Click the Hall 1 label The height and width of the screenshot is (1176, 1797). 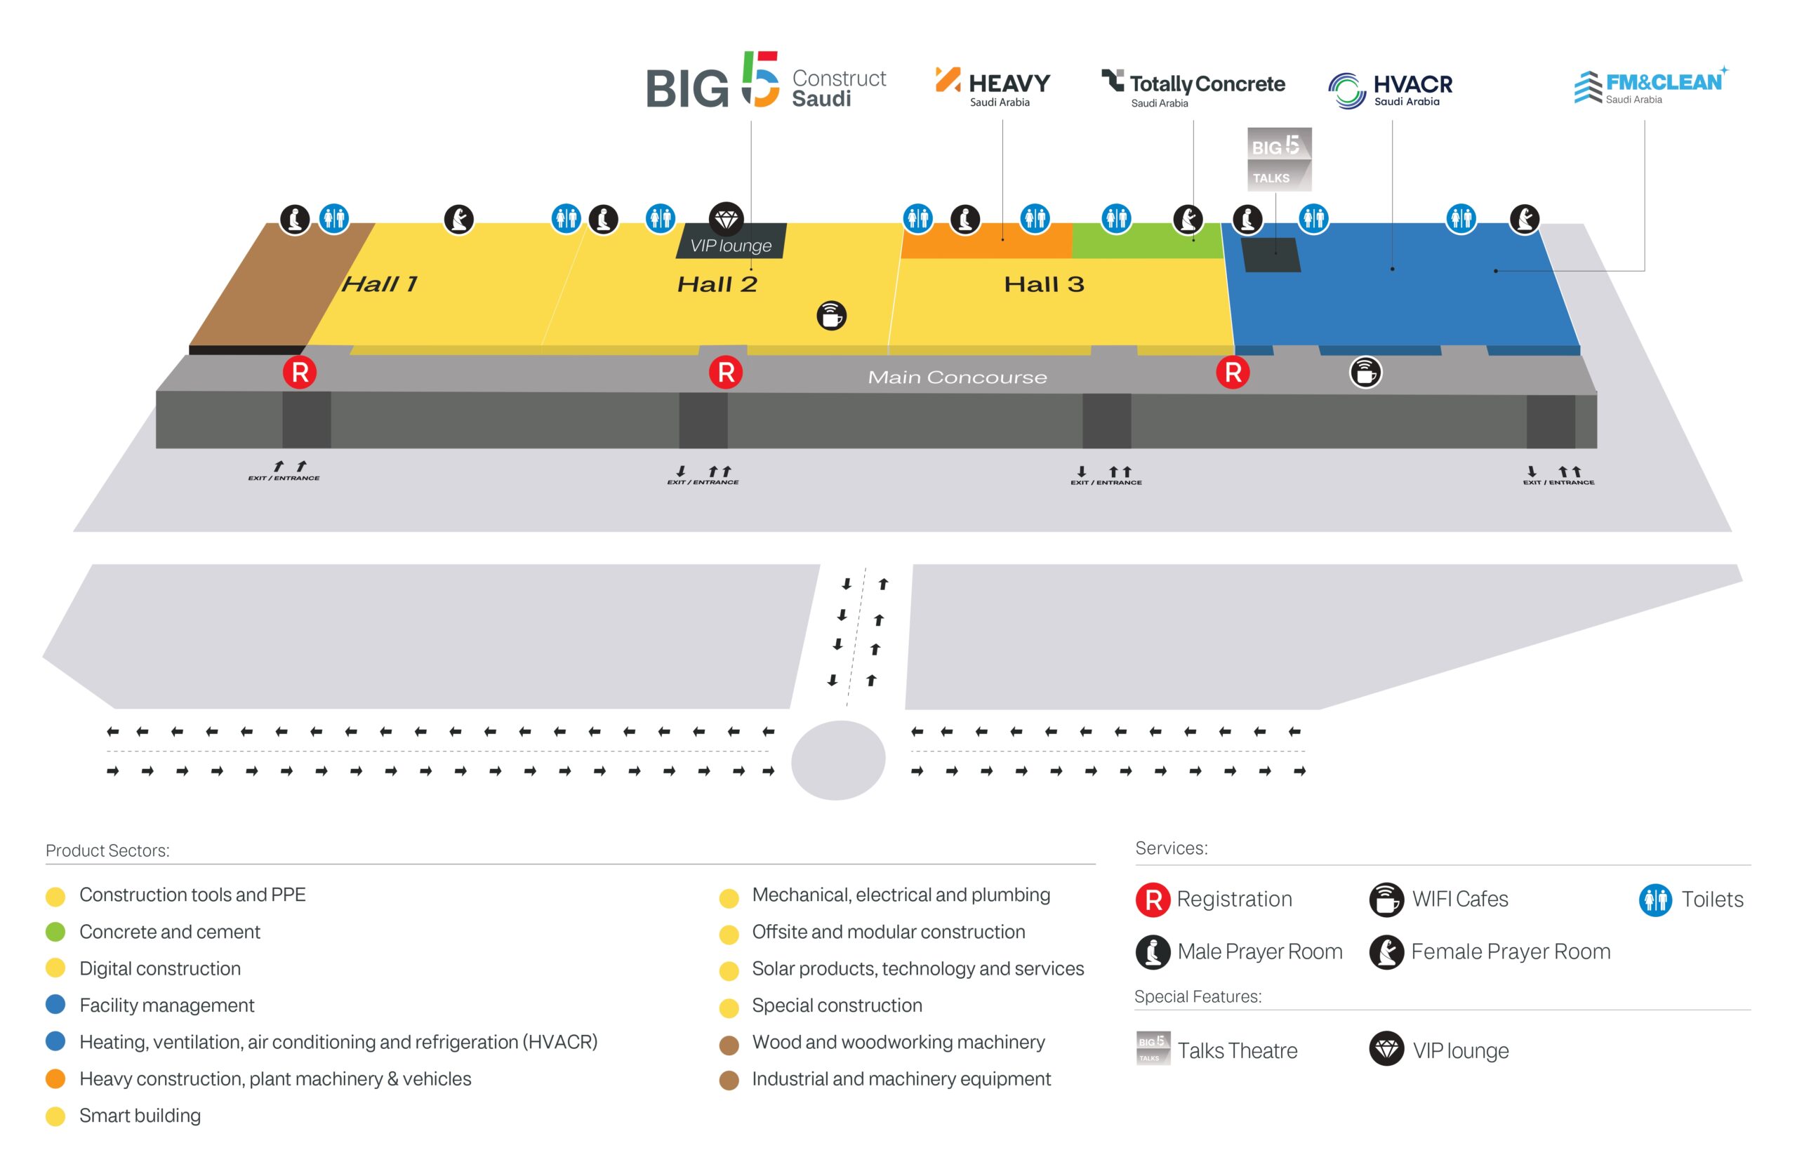pos(379,283)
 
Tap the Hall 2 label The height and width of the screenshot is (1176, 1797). pos(717,283)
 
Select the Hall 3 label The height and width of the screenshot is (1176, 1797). pos(1044,283)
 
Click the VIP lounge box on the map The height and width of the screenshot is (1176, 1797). pos(731,241)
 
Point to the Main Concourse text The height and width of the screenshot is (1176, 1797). pos(957,377)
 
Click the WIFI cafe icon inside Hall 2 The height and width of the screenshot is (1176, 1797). pos(831,316)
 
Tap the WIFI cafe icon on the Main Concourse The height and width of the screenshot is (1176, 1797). pos(1365,372)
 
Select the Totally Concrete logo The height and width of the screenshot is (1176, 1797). pos(1193,88)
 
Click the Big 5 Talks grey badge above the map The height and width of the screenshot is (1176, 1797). pos(1279,159)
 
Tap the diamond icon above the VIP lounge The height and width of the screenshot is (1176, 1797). pos(727,219)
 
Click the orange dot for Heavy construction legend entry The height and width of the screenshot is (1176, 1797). pos(55,1079)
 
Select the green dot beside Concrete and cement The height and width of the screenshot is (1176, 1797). pos(55,933)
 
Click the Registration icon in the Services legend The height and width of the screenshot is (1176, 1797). pos(1152,900)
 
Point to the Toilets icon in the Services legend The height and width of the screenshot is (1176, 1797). pos(1655,900)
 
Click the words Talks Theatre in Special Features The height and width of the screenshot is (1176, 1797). pos(1238,1050)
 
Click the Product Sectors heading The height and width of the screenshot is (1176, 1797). pos(107,850)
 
